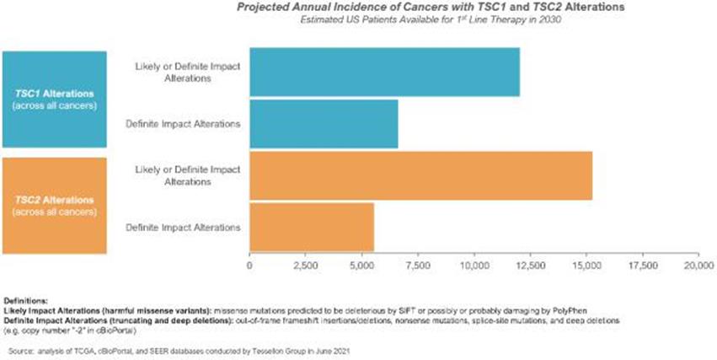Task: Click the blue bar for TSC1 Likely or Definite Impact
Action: [384, 73]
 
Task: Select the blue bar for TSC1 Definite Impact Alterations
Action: [324, 124]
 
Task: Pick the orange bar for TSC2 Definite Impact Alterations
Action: [312, 227]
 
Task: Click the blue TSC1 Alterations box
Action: [55, 99]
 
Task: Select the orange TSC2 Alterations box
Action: [55, 205]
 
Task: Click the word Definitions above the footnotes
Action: [26, 300]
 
